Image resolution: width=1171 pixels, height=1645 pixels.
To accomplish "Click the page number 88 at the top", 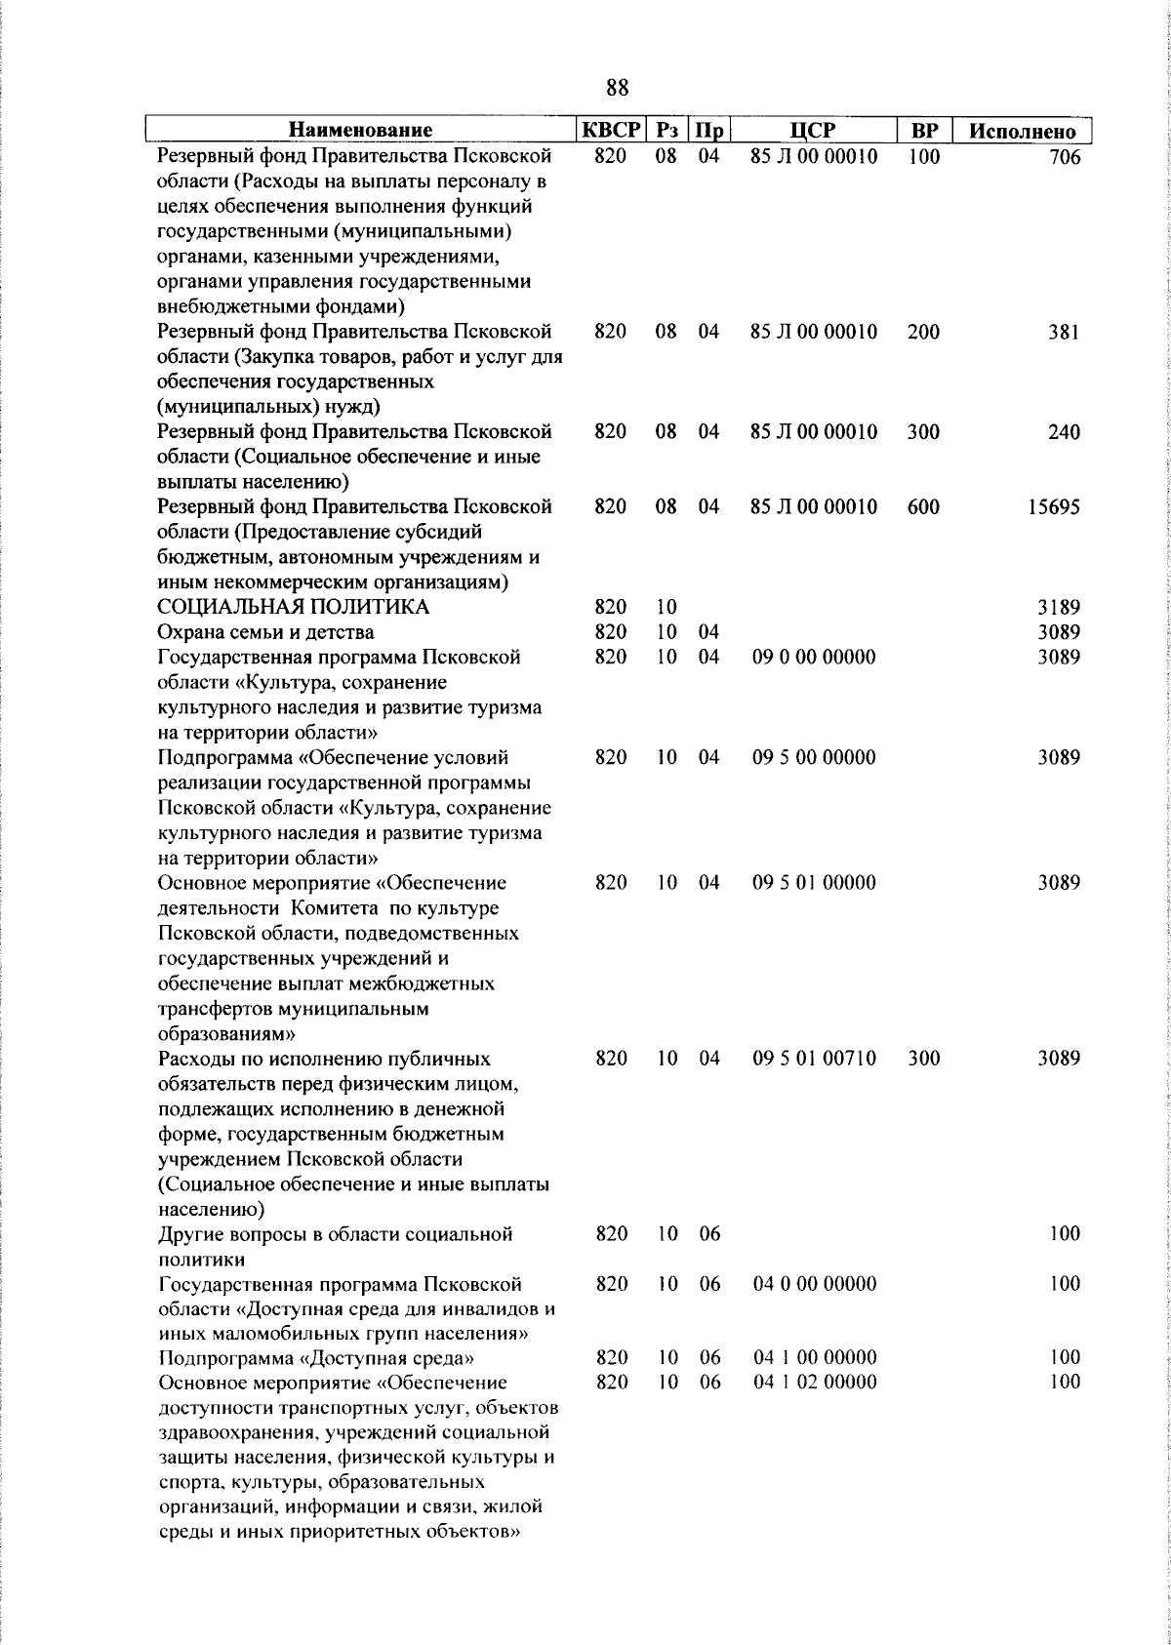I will tap(617, 89).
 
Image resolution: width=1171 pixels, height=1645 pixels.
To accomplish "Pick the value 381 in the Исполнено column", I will tap(1065, 333).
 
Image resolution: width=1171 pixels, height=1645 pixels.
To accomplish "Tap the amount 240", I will tap(1065, 432).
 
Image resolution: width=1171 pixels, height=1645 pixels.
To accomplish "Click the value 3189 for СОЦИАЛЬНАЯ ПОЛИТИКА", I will tap(1059, 608).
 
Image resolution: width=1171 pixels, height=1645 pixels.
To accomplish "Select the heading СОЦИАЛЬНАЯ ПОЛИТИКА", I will tap(294, 608).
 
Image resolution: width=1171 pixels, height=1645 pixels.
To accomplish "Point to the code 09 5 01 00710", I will tap(814, 1059).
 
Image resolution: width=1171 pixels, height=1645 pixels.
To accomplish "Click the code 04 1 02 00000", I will tap(814, 1383).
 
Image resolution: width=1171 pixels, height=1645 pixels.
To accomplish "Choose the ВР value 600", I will tap(923, 507).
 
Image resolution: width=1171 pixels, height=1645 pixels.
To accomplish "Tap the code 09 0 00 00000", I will tap(814, 658).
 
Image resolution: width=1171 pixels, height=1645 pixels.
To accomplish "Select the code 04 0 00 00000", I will tap(814, 1283).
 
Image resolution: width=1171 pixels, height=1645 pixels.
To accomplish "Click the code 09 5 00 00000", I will tap(814, 758).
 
